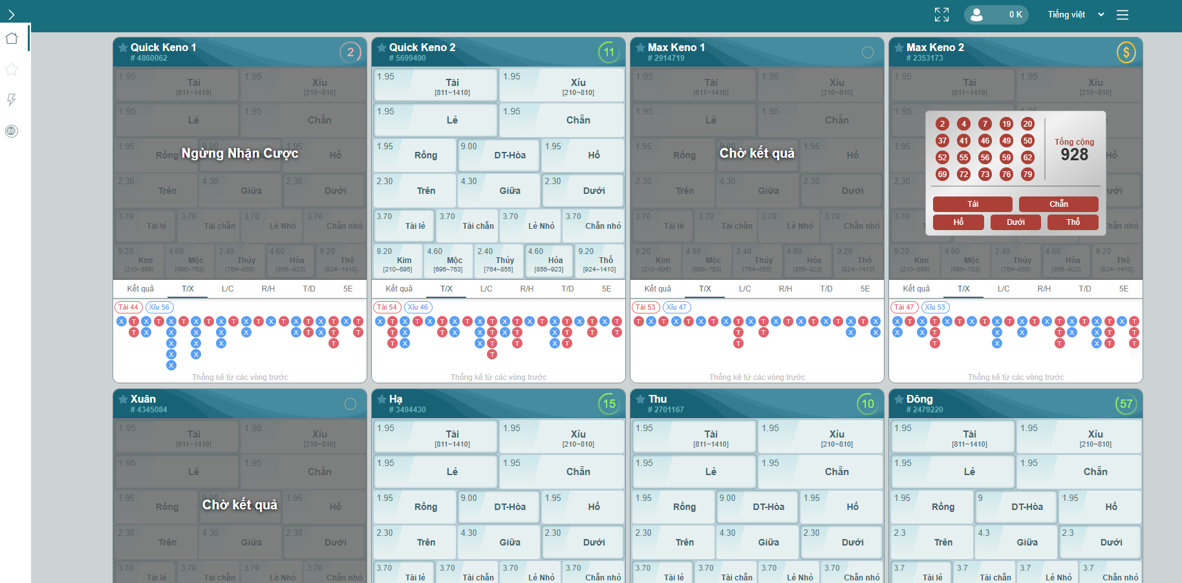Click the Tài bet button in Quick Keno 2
(435, 85)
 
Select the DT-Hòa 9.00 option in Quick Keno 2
(499, 155)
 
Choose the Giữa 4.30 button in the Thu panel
(757, 542)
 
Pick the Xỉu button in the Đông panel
(1079, 436)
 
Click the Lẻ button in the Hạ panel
(435, 472)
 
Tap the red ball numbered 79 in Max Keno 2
(1027, 175)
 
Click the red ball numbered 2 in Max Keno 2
(942, 124)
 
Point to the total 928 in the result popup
(1074, 154)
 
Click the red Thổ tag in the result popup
(1073, 222)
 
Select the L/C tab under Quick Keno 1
(228, 289)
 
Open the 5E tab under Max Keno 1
(865, 289)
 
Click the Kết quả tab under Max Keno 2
(916, 289)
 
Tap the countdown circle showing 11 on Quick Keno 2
(608, 52)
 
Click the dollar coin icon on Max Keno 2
(1126, 52)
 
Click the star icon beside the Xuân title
(123, 399)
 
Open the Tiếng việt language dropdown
(1075, 14)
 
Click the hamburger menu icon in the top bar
(1123, 14)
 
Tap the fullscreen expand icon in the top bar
(941, 14)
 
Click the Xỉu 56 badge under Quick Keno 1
(159, 308)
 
